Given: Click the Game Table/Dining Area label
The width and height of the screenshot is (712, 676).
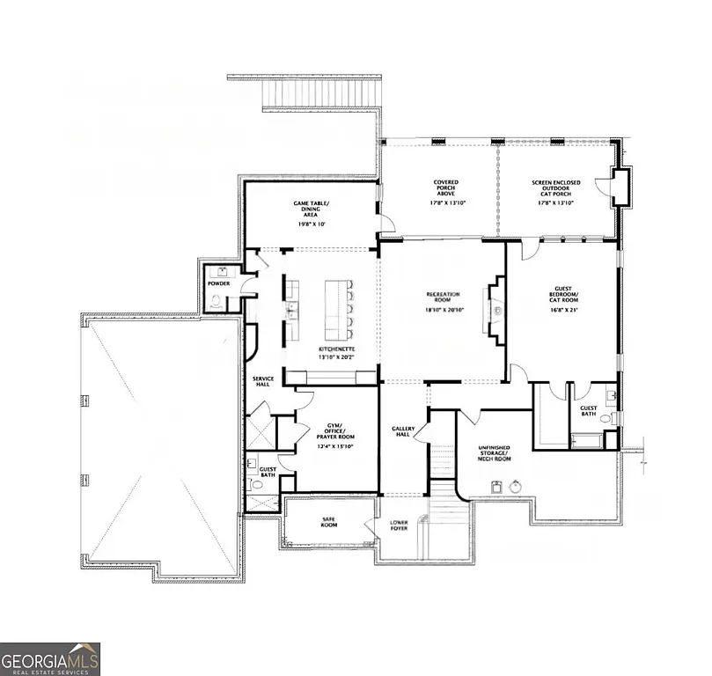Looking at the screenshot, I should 311,209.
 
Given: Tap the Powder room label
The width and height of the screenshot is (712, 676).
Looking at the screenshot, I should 218,283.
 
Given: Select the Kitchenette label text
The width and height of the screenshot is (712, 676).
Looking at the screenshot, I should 336,349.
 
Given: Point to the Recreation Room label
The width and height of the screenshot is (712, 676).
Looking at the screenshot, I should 444,297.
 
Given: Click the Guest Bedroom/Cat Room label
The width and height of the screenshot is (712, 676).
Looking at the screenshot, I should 563,295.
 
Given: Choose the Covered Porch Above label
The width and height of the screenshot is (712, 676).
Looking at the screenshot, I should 445,188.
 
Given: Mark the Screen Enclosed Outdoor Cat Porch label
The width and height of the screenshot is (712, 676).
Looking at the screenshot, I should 555,188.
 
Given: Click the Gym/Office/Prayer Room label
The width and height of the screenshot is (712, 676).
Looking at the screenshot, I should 334,431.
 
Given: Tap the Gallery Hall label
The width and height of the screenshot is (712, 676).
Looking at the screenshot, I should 402,432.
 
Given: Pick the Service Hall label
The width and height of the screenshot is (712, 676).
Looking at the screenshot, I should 263,381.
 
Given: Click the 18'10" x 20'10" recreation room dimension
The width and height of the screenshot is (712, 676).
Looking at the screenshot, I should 444,310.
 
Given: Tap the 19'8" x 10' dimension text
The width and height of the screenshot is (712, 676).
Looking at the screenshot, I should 311,224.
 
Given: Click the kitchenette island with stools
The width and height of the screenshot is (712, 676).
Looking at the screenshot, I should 337,310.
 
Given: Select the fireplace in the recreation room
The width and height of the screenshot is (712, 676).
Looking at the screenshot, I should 495,310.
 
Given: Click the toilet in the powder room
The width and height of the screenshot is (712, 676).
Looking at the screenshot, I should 216,301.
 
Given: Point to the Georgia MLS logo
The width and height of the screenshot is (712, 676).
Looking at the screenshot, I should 50,658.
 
